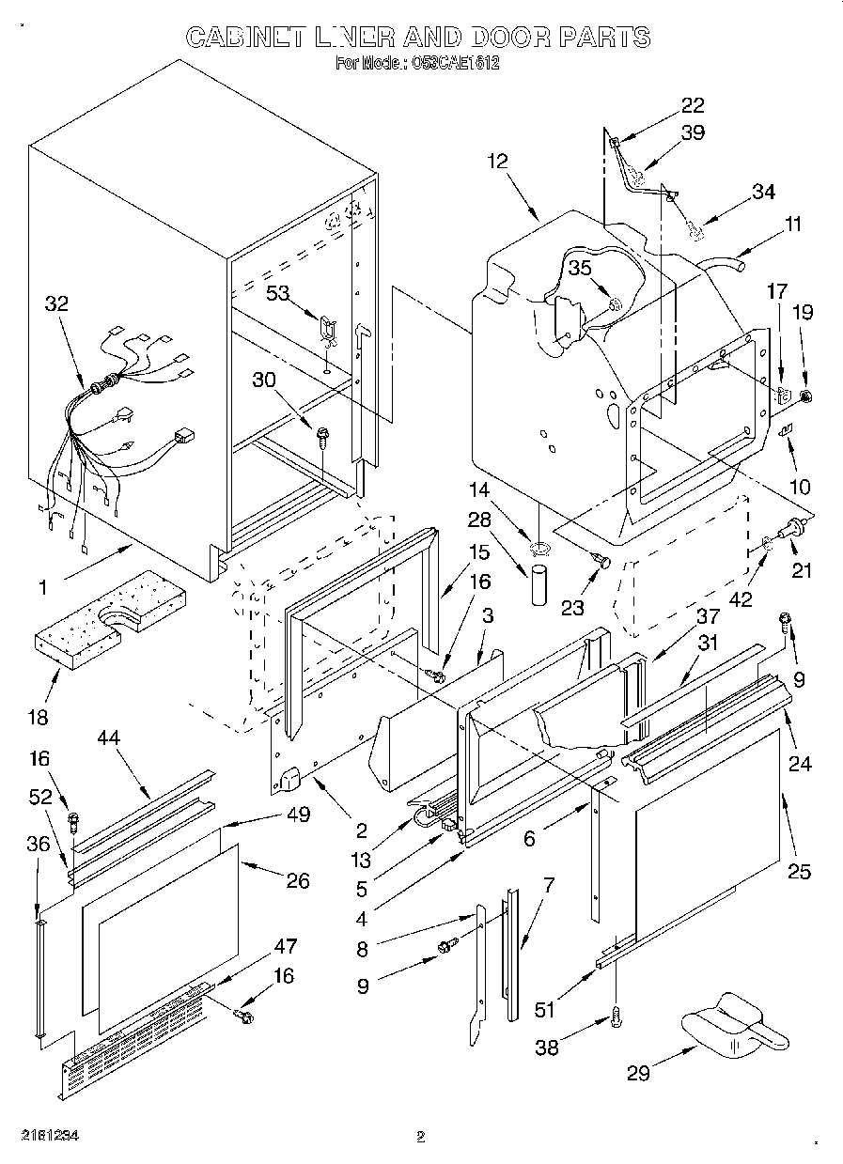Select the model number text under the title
pyautogui.click(x=416, y=65)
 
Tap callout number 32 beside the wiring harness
pyautogui.click(x=56, y=303)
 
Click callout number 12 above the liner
pyautogui.click(x=497, y=161)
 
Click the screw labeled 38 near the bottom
pyautogui.click(x=616, y=1015)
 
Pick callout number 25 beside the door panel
pyautogui.click(x=799, y=871)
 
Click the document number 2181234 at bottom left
pyautogui.click(x=47, y=1136)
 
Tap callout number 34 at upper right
pyautogui.click(x=763, y=192)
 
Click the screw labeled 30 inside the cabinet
pyautogui.click(x=325, y=434)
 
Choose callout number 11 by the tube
pyautogui.click(x=793, y=224)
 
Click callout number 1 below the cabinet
pyautogui.click(x=41, y=587)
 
